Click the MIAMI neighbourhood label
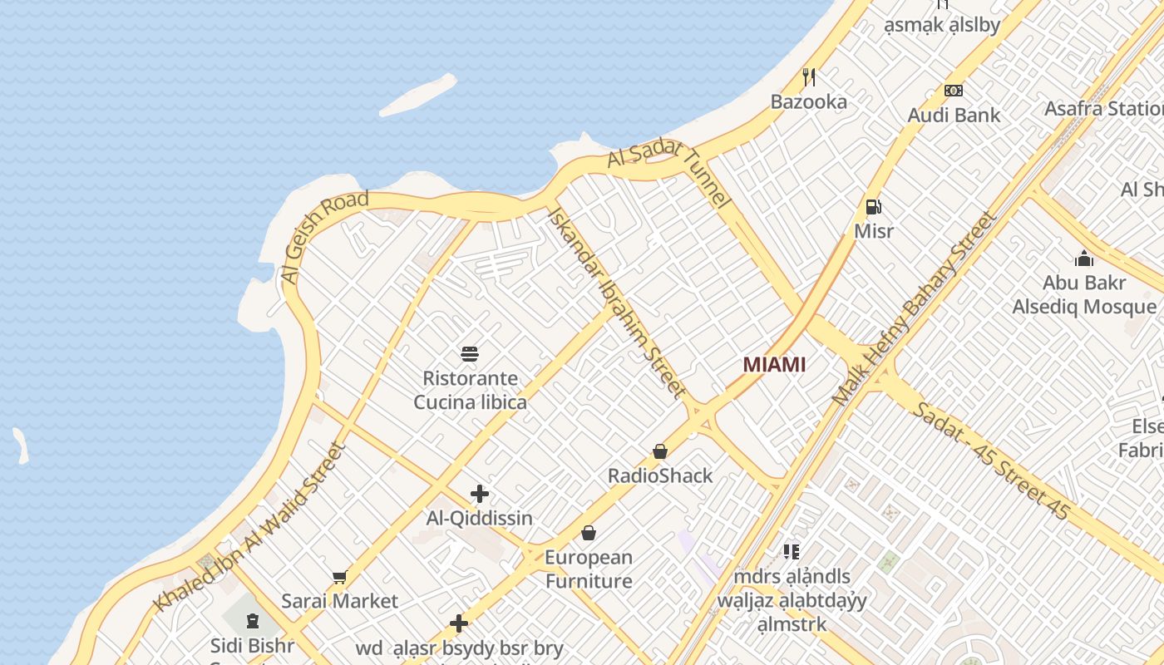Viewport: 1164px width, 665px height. click(774, 364)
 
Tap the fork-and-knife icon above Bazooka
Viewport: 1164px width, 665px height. click(809, 77)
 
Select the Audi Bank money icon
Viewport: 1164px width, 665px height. click(954, 91)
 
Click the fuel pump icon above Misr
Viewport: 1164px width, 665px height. click(873, 207)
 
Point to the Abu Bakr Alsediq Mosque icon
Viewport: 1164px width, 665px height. click(1084, 259)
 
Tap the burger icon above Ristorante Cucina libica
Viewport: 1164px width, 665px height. click(470, 354)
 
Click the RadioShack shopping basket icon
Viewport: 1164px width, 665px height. click(660, 451)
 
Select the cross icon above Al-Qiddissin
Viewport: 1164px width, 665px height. click(480, 494)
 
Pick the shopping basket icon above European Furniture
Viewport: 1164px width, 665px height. click(589, 533)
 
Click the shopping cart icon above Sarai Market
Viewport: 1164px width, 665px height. click(339, 577)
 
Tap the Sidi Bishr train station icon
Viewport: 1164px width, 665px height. click(252, 621)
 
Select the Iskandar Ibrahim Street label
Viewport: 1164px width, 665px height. click(617, 301)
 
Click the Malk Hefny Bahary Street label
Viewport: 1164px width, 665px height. click(915, 308)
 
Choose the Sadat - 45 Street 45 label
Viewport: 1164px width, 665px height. click(989, 460)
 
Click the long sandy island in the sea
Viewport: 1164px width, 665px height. click(418, 96)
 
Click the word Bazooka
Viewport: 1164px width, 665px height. click(808, 101)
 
